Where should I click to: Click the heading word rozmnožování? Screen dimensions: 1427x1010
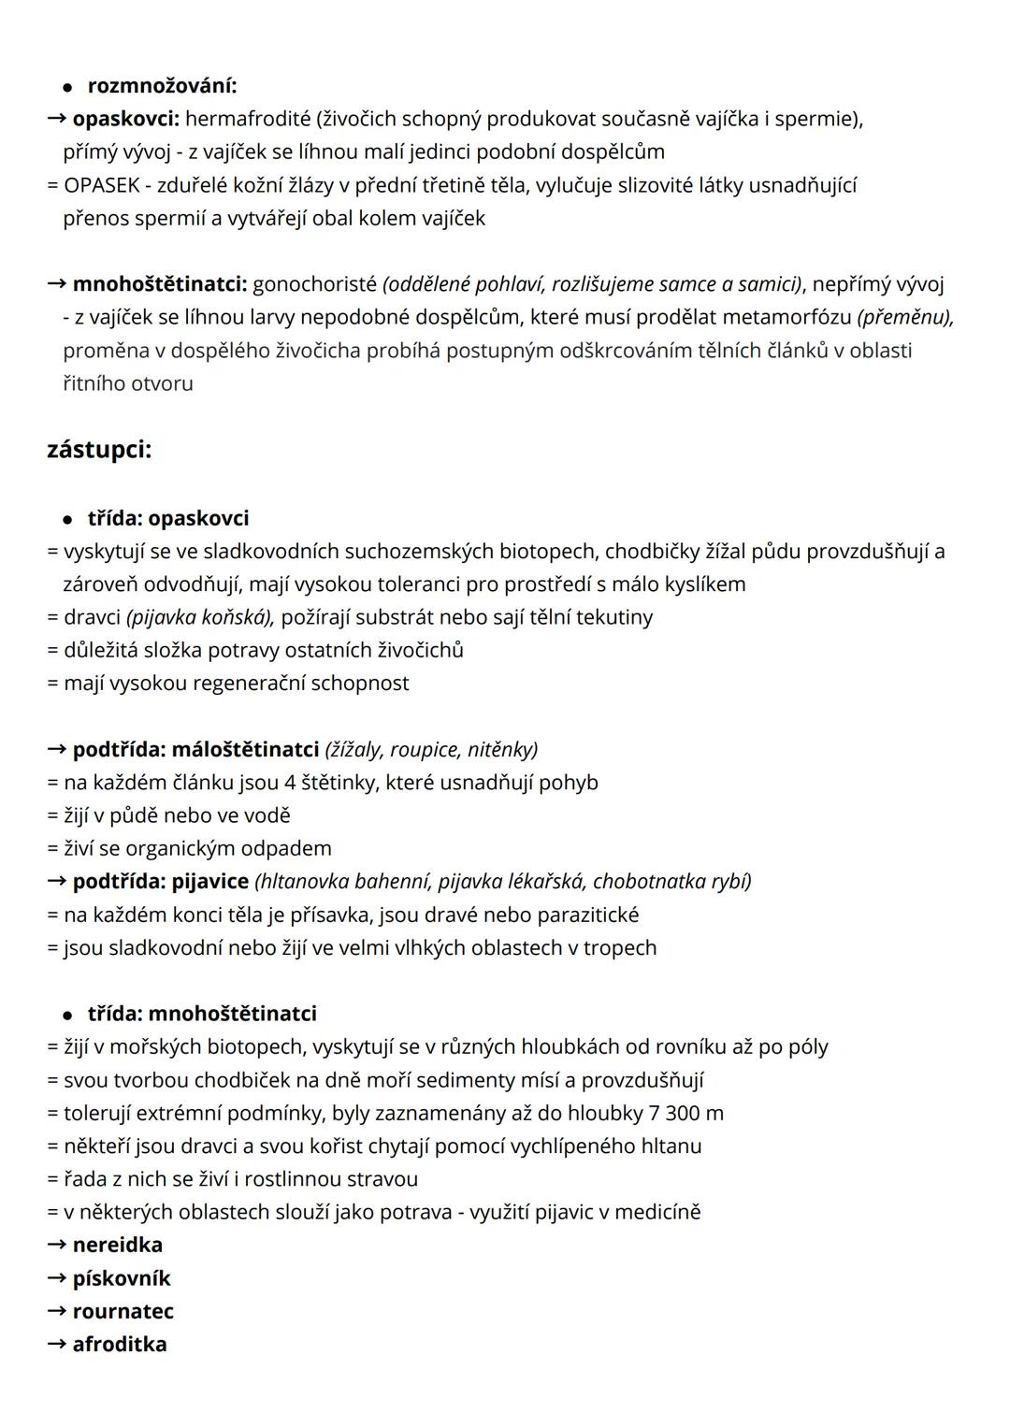[x=161, y=86]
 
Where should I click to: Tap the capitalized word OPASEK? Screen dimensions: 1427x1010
[x=102, y=185]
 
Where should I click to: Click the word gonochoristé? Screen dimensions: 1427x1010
[x=314, y=283]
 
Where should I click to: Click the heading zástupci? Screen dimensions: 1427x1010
[x=99, y=450]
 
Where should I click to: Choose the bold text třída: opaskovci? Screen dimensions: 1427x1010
[x=168, y=518]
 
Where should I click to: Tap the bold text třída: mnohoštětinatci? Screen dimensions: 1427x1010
[x=202, y=1014]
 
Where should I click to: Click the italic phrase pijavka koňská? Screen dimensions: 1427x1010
[x=199, y=617]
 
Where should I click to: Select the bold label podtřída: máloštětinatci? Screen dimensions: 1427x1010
[x=195, y=749]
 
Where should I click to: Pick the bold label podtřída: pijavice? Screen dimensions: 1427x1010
[x=160, y=881]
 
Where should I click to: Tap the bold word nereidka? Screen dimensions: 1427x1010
[x=117, y=1245]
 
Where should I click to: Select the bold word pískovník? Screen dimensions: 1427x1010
[x=122, y=1278]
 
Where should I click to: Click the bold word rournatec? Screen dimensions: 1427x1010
[x=123, y=1311]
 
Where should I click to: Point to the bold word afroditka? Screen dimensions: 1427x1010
[x=119, y=1344]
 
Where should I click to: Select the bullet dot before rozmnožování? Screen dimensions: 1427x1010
[x=67, y=87]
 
